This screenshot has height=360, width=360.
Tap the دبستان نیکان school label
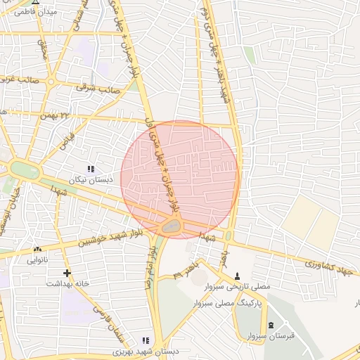coord(90,181)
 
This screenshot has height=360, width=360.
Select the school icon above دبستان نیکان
coord(90,169)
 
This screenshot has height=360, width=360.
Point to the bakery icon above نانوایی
coord(37,249)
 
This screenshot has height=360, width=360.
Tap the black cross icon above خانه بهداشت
coord(67,273)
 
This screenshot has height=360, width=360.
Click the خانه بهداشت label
coord(67,284)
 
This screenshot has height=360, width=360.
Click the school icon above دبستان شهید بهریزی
coord(146,340)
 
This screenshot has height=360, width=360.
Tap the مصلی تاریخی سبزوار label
coord(237,287)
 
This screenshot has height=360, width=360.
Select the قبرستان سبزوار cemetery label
coord(270,336)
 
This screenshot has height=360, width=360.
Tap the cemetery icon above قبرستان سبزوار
coord(271,325)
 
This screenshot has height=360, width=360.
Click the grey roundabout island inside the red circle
coord(170,227)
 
